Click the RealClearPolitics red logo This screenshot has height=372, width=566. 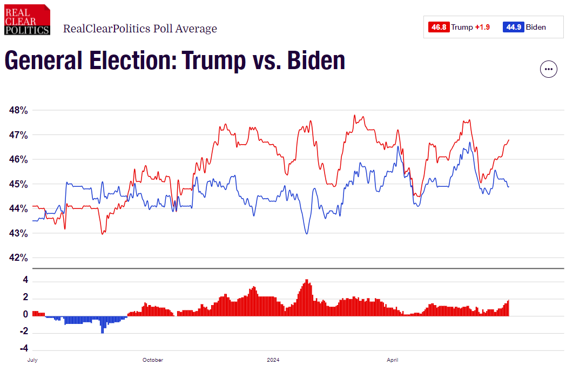[x=27, y=19]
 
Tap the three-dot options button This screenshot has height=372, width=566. [x=549, y=69]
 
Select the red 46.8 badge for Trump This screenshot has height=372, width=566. [x=439, y=27]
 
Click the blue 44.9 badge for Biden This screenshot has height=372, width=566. [x=513, y=27]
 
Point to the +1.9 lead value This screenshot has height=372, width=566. [x=482, y=27]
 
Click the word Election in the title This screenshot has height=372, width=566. [x=122, y=60]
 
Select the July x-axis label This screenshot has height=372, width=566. [x=33, y=360]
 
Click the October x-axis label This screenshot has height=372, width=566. [x=153, y=360]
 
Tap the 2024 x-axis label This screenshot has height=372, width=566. [x=273, y=360]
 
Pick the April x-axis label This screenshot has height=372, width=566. [x=393, y=360]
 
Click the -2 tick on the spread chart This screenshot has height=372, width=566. [x=24, y=332]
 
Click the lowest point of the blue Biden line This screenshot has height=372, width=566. [x=307, y=233]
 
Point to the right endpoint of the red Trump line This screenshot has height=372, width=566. [x=509, y=140]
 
